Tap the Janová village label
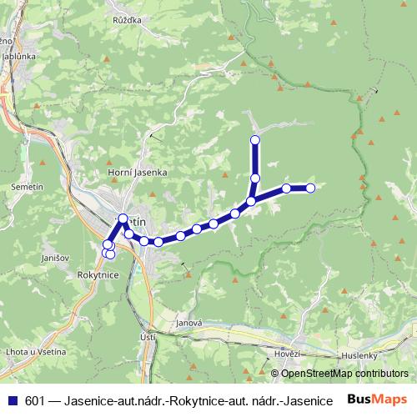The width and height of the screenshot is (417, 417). coord(190,324)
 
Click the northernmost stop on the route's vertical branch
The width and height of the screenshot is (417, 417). coord(255,139)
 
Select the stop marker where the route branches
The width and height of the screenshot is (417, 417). coord(251,201)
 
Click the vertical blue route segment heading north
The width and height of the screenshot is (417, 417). coord(255,158)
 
